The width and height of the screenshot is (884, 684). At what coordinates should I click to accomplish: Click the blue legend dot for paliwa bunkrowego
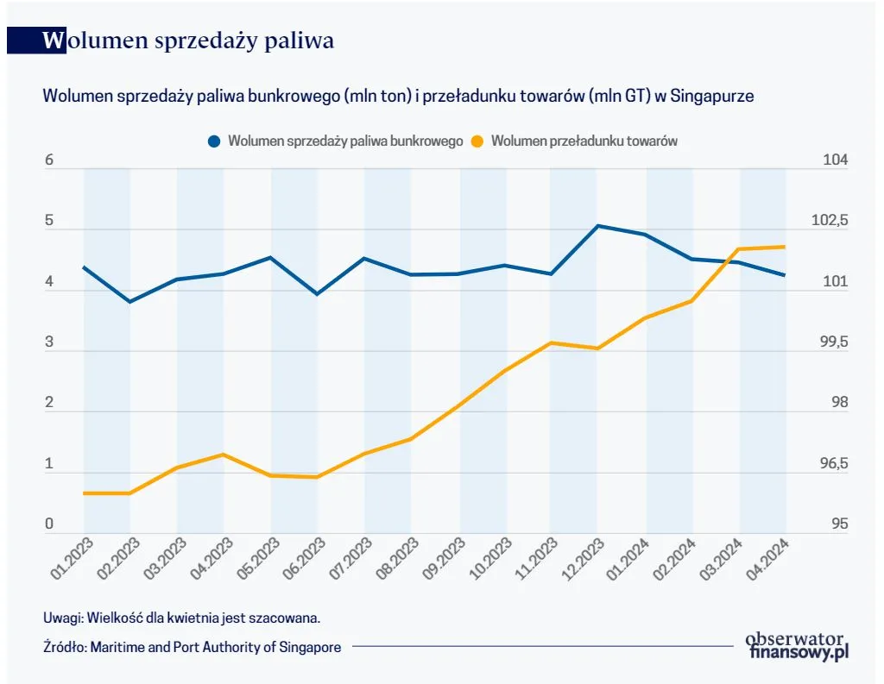click(214, 141)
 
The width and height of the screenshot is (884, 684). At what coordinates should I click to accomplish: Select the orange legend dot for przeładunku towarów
click(477, 141)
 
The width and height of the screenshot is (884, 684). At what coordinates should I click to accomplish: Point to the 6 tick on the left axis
click(49, 160)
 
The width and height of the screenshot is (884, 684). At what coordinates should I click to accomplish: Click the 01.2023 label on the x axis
click(66, 559)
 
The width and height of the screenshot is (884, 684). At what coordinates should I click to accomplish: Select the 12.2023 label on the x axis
click(578, 559)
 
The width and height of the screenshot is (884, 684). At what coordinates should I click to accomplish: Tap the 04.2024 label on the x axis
click(767, 559)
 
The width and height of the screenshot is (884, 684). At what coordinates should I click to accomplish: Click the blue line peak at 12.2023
click(597, 226)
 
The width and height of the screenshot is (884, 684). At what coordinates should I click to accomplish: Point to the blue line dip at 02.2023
click(129, 302)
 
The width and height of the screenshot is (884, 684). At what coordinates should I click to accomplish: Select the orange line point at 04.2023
click(224, 455)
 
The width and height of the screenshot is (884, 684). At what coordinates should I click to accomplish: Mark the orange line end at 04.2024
click(785, 247)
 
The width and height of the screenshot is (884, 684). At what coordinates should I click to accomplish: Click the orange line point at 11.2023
click(551, 342)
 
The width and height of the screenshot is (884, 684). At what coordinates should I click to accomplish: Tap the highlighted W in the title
click(54, 41)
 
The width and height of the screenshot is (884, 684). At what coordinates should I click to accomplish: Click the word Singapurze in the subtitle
click(716, 97)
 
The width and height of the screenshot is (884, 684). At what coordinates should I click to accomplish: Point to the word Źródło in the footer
click(63, 647)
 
